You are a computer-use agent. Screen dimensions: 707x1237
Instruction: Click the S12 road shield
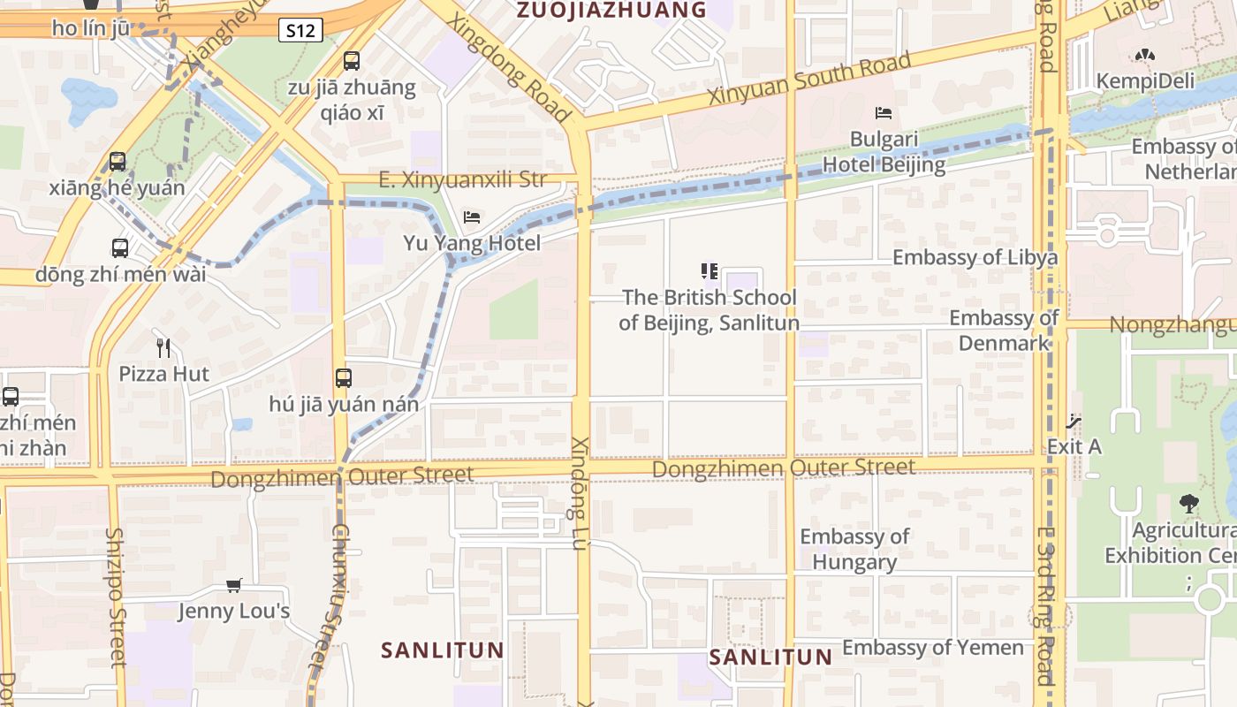coord(300,31)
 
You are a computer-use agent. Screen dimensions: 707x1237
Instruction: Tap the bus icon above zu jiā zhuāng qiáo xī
coord(352,61)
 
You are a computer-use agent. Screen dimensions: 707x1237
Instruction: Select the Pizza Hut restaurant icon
coord(163,347)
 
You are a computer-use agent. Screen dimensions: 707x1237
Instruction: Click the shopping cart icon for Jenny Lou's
coord(234,585)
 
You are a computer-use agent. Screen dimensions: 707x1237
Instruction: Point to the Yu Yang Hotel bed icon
coord(472,217)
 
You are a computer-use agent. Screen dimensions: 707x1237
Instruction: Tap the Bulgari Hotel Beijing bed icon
coord(884,113)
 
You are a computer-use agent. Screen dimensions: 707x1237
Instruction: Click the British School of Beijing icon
coord(709,271)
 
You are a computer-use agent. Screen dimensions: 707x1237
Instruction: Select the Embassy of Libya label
coord(975,258)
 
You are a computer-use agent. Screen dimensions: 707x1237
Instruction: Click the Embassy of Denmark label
coord(1004,330)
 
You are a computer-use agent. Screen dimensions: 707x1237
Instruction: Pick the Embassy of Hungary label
coord(854,549)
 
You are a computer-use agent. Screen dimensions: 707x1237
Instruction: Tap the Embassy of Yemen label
coord(932,648)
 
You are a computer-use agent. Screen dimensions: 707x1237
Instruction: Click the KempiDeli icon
coord(1145,55)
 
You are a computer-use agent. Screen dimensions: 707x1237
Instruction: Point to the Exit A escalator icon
coord(1074,422)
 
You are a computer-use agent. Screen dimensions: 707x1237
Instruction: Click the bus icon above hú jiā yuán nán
coord(344,378)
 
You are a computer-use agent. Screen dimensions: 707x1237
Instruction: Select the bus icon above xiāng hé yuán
coord(118,162)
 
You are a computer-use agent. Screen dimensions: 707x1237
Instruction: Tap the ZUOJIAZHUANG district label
coord(611,11)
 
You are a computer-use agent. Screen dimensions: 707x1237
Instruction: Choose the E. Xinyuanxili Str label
coord(462,180)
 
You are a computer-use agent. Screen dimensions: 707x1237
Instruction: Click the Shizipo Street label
coord(116,597)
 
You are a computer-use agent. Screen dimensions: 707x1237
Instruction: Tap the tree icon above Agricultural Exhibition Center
coord(1189,504)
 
